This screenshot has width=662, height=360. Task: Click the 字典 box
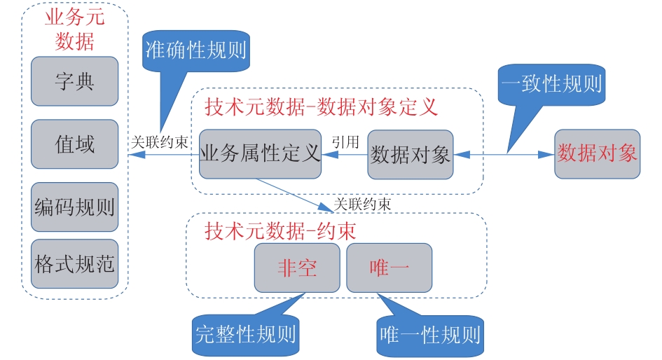click(x=74, y=81)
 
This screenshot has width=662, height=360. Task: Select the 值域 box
click(x=74, y=144)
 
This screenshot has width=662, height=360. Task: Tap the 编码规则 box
click(x=74, y=207)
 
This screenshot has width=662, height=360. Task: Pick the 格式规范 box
click(x=74, y=264)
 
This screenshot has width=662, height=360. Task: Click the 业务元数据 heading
click(x=74, y=29)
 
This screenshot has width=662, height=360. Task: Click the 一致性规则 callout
click(x=551, y=84)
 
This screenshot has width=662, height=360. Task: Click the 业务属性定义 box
click(x=259, y=154)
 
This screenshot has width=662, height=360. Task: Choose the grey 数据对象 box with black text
click(x=410, y=154)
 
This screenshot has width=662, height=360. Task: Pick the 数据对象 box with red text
click(x=597, y=153)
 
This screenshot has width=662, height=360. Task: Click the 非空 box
click(x=297, y=268)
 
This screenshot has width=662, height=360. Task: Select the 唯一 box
click(x=389, y=268)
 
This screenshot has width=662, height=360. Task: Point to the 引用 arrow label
click(x=345, y=141)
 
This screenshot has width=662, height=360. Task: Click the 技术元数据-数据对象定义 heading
click(x=321, y=107)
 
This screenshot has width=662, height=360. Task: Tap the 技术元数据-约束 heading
click(x=280, y=230)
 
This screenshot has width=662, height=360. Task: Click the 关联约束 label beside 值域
click(x=159, y=141)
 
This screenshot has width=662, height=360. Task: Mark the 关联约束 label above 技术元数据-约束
click(x=361, y=204)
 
